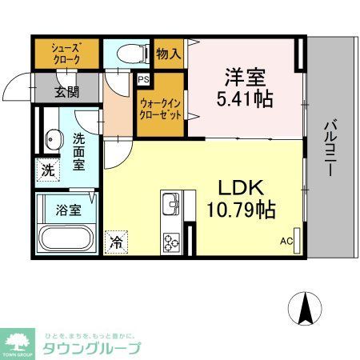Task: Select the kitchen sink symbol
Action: point(172,206)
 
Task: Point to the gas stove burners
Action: point(172,238)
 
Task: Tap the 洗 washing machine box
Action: point(47,170)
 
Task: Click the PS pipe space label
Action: point(143,80)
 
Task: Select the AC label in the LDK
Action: point(286,241)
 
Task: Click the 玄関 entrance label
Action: point(66,91)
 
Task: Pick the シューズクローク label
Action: point(66,54)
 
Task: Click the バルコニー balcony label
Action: point(329,149)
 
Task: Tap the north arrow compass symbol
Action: point(306,308)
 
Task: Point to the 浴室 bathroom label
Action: point(68,211)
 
